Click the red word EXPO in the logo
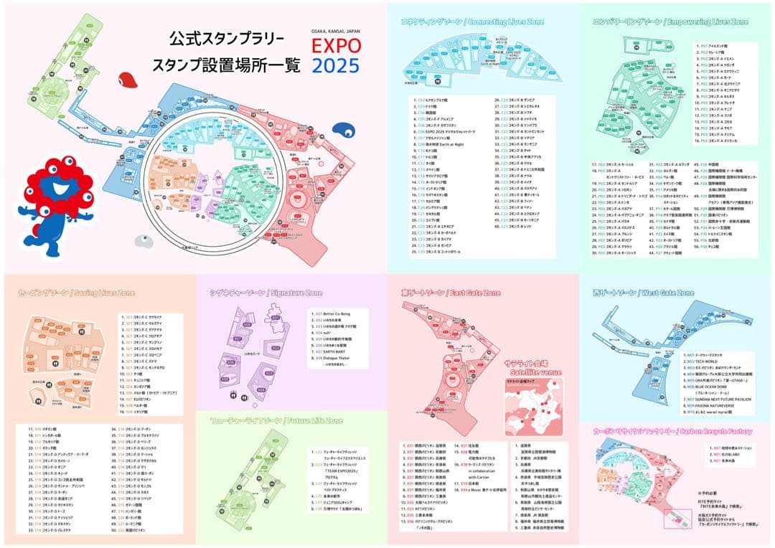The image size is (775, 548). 336,47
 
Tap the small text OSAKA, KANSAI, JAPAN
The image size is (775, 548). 336,32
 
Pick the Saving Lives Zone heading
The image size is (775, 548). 62,293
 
